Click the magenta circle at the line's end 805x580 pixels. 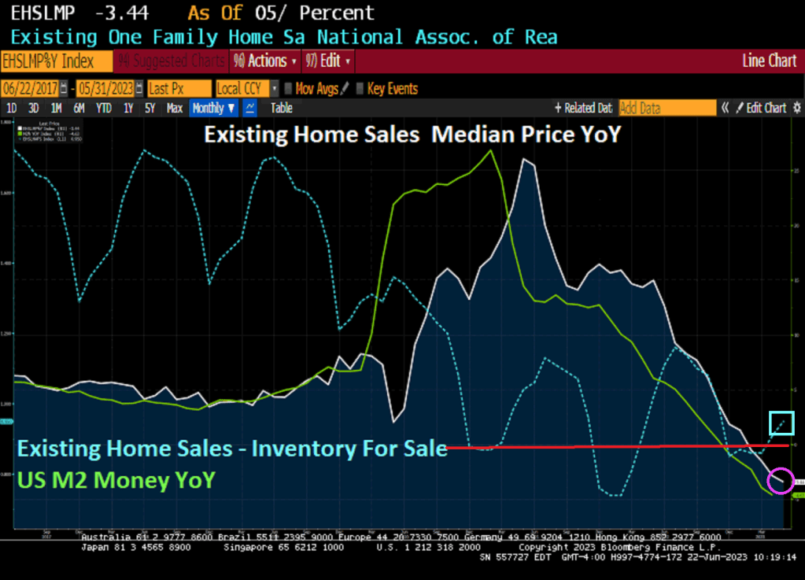[781, 481]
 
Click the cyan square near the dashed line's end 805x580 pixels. [781, 423]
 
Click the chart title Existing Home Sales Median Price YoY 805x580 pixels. [412, 135]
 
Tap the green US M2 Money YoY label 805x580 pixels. [116, 479]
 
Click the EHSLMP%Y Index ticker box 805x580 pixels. [48, 61]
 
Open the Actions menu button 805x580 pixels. [266, 61]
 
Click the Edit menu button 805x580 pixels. [328, 61]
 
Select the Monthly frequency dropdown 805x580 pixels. [213, 108]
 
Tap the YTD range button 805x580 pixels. [103, 108]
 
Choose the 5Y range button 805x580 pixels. [150, 108]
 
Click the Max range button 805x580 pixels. [175, 108]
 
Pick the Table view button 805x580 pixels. [282, 108]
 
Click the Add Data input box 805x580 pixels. [667, 108]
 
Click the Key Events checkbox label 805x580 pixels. [392, 89]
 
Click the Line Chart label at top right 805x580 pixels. [769, 61]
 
